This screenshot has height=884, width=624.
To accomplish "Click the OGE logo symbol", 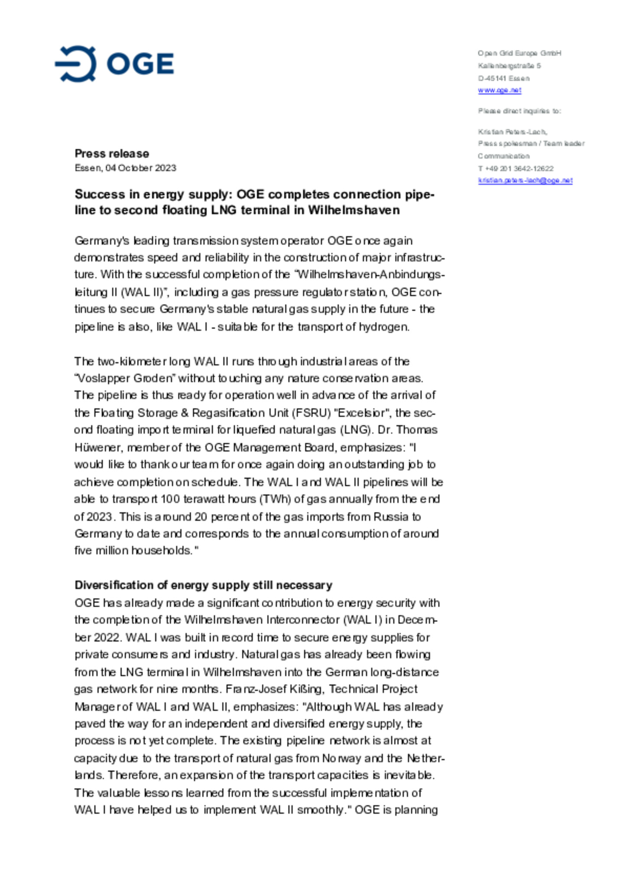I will click(76, 64).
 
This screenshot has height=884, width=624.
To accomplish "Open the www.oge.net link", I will click(499, 90).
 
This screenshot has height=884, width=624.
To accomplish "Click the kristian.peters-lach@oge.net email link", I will click(525, 180).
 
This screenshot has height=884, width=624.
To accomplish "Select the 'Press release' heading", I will click(112, 154).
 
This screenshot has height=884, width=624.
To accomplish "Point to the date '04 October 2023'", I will click(141, 168).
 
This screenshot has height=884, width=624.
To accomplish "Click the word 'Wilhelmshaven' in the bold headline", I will click(354, 210).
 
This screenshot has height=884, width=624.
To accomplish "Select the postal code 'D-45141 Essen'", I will click(504, 79).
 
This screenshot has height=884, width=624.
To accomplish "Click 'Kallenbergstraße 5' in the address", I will click(509, 66).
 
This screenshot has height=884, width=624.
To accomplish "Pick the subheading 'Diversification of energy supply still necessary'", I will click(203, 585).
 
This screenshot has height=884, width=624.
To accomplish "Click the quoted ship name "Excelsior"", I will click(362, 413).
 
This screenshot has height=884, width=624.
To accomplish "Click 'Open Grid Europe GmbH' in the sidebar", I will click(519, 53).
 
